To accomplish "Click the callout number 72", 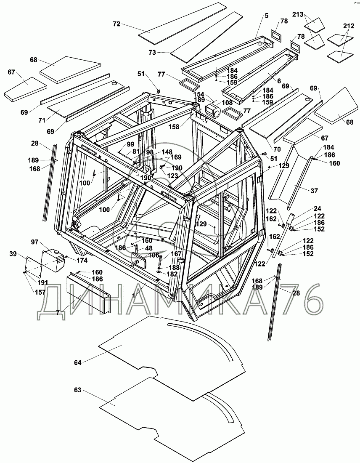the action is (117, 24).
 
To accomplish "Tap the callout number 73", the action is (152, 53).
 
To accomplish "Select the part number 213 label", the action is (298, 14).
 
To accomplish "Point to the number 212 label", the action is (348, 26).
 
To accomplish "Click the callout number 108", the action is (227, 103).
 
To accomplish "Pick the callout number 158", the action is (174, 127).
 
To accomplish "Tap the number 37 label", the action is (314, 191).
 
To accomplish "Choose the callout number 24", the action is (318, 209).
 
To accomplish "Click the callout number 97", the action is (35, 242).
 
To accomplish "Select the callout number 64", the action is (78, 362).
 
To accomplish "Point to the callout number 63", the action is (78, 390).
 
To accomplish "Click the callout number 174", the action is (82, 260).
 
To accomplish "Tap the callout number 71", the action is (42, 120).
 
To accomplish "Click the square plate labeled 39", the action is (33, 266).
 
